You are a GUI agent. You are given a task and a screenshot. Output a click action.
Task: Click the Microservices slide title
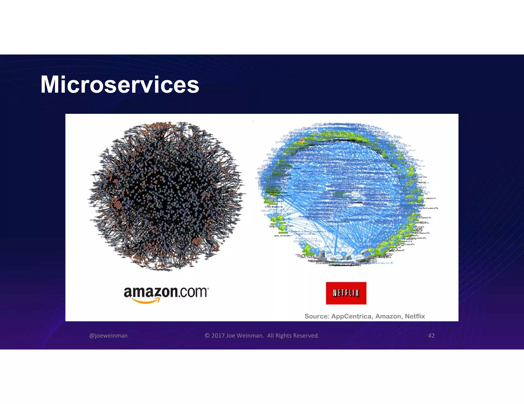pyautogui.click(x=120, y=85)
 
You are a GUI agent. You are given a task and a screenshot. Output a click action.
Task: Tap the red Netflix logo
pyautogui.click(x=346, y=293)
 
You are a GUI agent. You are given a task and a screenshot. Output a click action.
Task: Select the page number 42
pyautogui.click(x=431, y=336)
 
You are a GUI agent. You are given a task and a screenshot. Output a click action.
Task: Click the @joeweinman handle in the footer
pyautogui.click(x=108, y=336)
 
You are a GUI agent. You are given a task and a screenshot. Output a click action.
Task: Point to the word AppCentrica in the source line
pyautogui.click(x=351, y=316)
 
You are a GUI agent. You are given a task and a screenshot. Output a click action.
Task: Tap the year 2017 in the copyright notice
pyautogui.click(x=218, y=336)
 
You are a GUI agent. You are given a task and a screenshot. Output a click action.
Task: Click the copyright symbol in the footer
pyautogui.click(x=207, y=336)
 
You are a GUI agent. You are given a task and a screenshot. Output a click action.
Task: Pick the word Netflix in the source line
pyautogui.click(x=415, y=316)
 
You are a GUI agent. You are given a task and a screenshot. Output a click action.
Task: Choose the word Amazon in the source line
pyautogui.click(x=388, y=316)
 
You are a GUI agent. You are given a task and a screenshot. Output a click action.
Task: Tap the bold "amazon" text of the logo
pyautogui.click(x=151, y=292)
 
